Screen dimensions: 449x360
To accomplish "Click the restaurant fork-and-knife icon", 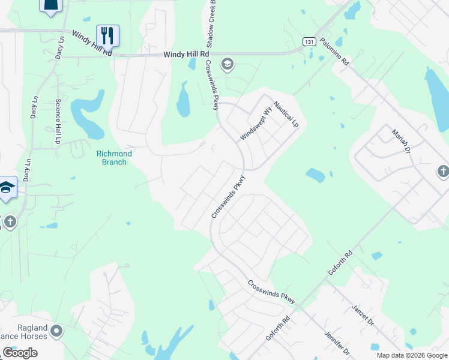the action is click(x=107, y=36).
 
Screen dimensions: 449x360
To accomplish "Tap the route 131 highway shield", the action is click(x=309, y=41).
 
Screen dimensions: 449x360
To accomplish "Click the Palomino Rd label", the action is click(x=334, y=51).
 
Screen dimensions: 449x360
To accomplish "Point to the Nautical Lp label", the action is click(x=286, y=114).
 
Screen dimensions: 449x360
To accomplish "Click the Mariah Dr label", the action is click(x=400, y=142).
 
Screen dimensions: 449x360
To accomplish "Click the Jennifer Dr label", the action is click(x=336, y=342).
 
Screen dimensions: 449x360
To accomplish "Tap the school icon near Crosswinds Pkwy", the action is click(x=227, y=64).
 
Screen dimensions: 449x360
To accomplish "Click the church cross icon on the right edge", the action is click(x=442, y=172).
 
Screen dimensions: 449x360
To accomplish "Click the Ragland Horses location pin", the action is click(x=56, y=331).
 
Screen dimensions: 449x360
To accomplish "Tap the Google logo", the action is click(x=19, y=353).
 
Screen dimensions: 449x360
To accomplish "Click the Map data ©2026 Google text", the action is click(x=412, y=355).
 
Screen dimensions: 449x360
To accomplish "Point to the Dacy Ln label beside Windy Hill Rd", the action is click(x=60, y=46).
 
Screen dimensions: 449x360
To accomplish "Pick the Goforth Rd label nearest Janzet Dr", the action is click(x=340, y=263).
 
